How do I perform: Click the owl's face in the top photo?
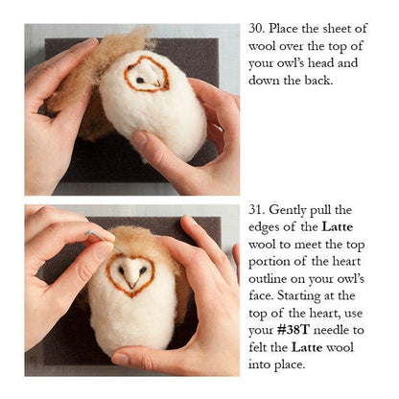[x=147, y=73]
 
